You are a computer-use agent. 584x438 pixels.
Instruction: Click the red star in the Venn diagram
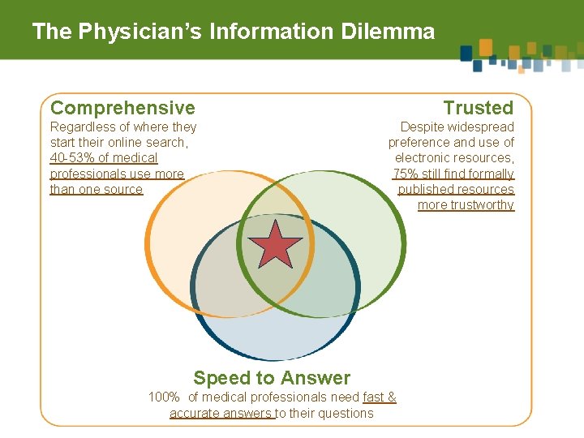tap(276, 245)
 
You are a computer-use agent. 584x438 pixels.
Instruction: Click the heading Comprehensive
tap(122, 108)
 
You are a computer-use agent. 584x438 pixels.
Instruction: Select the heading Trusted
tap(479, 108)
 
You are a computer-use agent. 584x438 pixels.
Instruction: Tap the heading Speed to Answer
tap(272, 378)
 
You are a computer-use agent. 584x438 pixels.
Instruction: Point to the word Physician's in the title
tap(140, 32)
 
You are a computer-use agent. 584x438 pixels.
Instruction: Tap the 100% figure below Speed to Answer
tap(164, 397)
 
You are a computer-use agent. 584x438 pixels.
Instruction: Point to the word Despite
tap(423, 127)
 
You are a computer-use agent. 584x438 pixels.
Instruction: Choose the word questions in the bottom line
tap(346, 414)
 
